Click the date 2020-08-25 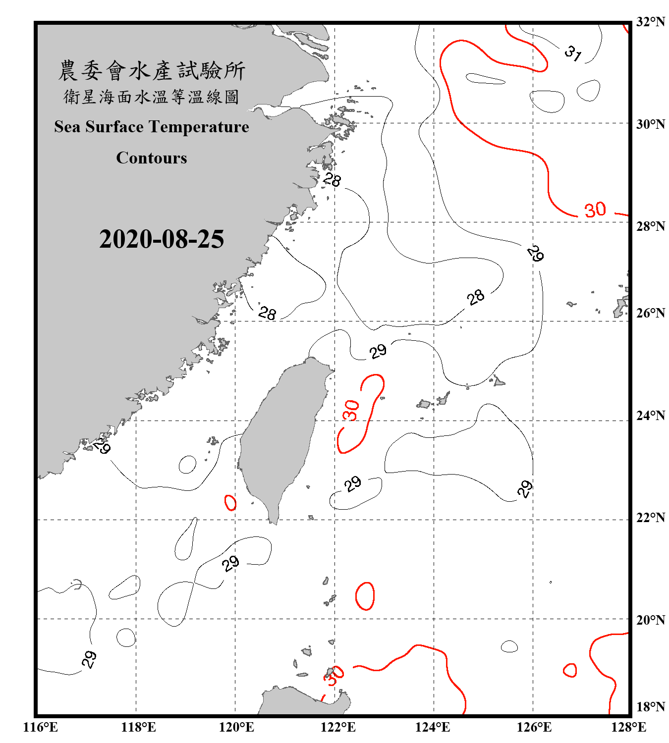[162, 239]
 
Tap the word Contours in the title [152, 158]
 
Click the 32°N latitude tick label [650, 22]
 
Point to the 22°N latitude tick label [650, 518]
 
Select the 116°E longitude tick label [40, 727]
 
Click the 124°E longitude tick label [433, 727]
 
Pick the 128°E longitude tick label [628, 727]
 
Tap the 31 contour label [573, 53]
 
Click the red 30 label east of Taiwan [351, 410]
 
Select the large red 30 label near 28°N [595, 210]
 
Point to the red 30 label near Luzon [334, 676]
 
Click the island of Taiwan [282, 436]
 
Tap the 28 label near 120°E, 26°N [267, 313]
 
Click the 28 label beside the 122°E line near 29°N [332, 179]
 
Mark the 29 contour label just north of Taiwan [378, 351]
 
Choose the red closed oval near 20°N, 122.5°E [365, 596]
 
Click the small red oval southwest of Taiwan [230, 503]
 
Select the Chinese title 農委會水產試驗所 [152, 71]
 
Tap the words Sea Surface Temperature [152, 127]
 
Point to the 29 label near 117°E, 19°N [89, 659]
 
